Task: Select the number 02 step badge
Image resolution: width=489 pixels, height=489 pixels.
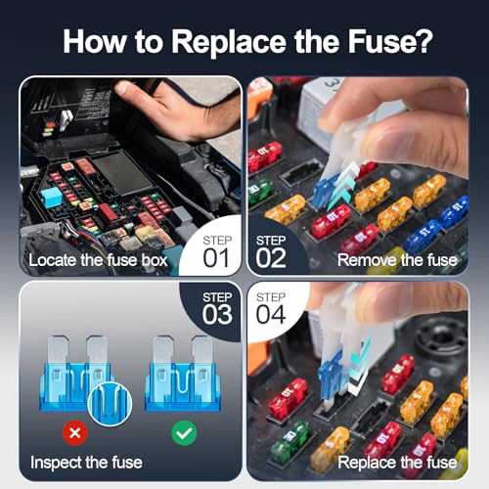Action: [270, 250]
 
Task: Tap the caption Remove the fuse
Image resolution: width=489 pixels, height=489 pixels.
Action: [396, 260]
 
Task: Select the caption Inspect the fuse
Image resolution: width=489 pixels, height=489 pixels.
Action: [86, 462]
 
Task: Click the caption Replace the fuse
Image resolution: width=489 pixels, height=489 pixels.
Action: [396, 462]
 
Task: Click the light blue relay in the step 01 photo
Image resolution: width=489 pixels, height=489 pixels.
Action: [52, 197]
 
